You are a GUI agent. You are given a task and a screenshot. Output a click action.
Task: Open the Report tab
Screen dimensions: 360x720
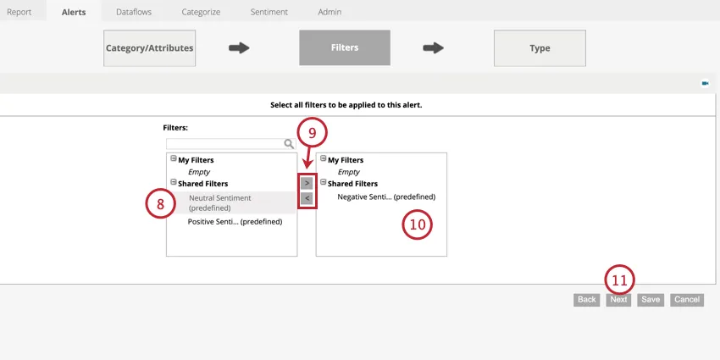(19, 12)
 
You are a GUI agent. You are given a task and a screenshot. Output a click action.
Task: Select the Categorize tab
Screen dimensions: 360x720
(201, 12)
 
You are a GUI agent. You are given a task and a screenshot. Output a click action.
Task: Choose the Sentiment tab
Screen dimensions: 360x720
(269, 12)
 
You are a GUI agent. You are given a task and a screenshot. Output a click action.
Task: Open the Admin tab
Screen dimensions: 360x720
(330, 12)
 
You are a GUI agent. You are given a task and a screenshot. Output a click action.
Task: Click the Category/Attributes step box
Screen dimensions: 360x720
(149, 48)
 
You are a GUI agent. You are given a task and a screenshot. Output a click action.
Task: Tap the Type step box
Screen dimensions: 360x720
(540, 48)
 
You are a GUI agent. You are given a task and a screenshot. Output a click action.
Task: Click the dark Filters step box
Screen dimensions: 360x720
(344, 48)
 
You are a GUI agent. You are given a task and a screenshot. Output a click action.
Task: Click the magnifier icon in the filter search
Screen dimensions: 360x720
(289, 144)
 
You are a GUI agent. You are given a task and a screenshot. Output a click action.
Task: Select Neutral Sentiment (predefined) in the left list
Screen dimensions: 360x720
(219, 202)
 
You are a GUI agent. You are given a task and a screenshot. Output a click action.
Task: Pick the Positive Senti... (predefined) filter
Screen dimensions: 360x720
(235, 222)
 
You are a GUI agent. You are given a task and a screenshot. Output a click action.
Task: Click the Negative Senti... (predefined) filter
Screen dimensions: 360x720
(385, 197)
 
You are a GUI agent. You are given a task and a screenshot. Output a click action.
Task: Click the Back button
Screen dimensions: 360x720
(586, 300)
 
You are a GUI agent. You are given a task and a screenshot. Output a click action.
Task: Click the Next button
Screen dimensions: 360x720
(618, 300)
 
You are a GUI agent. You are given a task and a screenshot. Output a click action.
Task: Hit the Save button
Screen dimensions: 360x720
(650, 300)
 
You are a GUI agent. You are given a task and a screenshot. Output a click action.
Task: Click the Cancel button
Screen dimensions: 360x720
(687, 300)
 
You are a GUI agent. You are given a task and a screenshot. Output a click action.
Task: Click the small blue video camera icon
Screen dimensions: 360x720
(705, 83)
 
